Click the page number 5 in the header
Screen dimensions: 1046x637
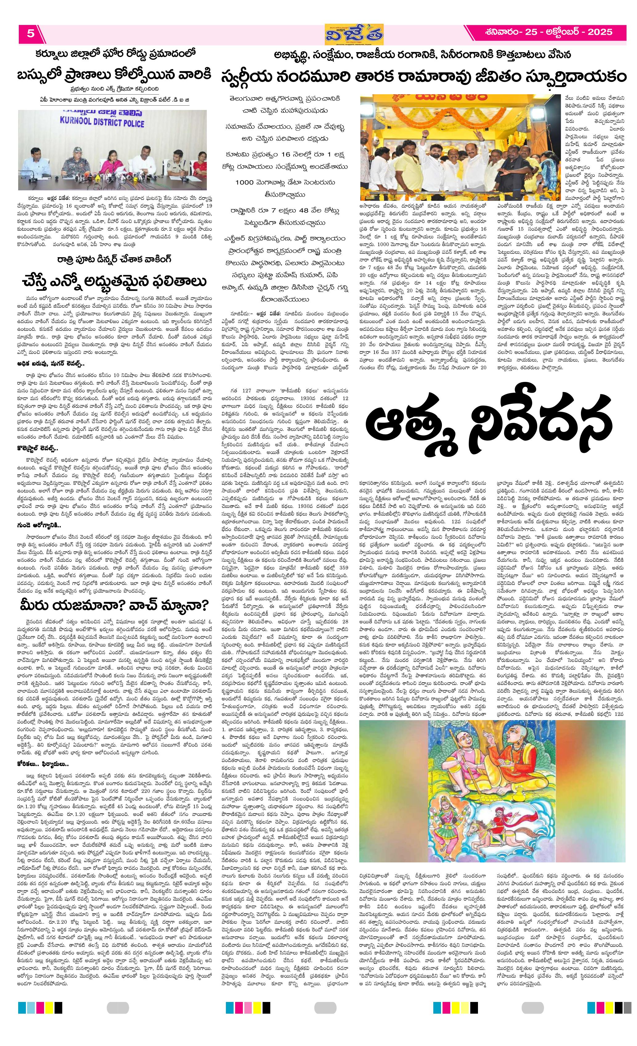[31, 34]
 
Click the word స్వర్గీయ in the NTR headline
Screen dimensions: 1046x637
[254, 78]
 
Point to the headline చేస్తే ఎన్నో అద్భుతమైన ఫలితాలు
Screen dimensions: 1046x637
[115, 281]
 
